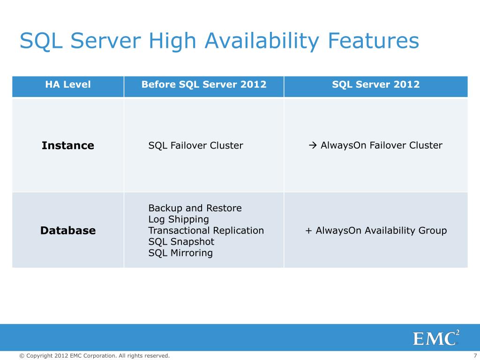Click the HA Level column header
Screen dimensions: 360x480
68,85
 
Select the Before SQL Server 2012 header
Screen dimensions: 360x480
204,85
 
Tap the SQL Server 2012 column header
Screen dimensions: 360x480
375,85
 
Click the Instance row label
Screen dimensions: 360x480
68,145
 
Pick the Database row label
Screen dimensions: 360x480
68,231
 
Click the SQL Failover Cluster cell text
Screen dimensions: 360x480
195,145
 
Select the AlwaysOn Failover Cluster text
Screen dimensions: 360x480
381,145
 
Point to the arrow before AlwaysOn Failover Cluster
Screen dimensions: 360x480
314,145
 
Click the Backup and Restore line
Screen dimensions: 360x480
195,208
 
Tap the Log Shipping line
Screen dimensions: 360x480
179,219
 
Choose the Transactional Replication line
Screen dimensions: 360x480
206,231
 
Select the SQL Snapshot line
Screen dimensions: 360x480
181,242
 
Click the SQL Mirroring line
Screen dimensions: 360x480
180,253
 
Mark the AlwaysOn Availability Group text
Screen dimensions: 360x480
381,231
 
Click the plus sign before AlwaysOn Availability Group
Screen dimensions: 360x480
308,231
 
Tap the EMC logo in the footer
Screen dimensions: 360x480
435,337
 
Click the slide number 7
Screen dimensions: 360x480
475,356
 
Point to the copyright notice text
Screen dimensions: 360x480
94,356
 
